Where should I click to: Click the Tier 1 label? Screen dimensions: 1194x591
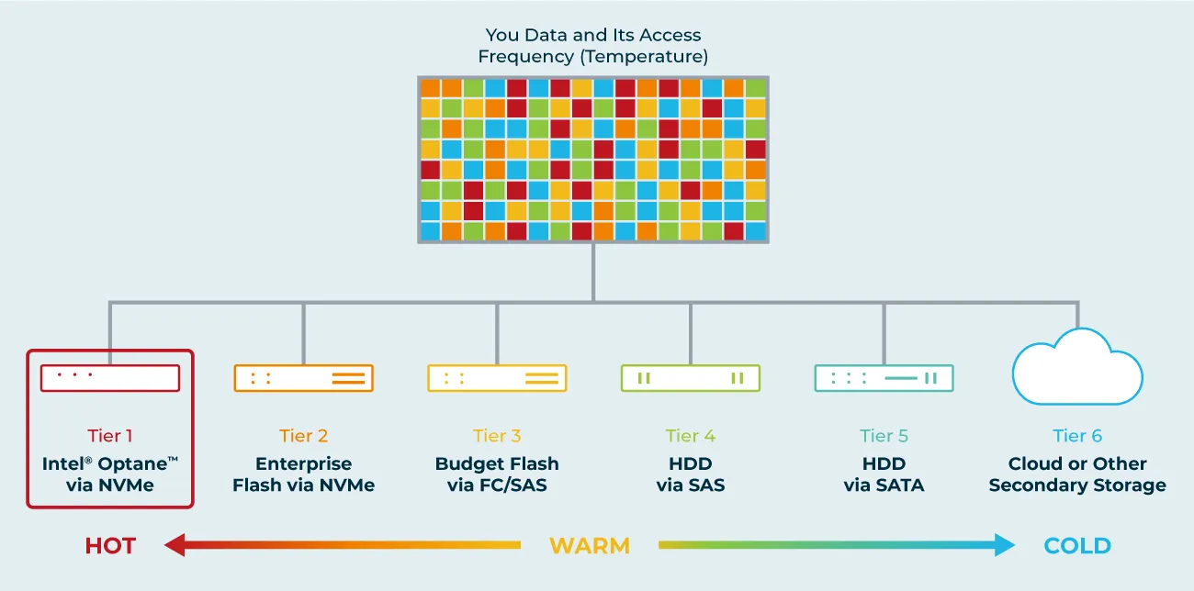[x=110, y=436]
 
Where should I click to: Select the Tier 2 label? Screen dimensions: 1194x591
[x=303, y=436]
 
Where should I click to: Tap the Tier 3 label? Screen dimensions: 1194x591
[x=497, y=436]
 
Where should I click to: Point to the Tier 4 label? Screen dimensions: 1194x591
[x=691, y=436]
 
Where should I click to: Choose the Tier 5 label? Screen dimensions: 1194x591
[x=884, y=436]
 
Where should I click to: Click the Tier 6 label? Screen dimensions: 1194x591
[x=1077, y=436]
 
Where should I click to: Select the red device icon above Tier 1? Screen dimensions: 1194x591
[x=110, y=378]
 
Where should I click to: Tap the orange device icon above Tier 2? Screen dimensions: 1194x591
[x=303, y=378]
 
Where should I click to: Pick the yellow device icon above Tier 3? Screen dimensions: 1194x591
[x=497, y=378]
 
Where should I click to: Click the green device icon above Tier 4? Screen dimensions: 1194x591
[x=691, y=378]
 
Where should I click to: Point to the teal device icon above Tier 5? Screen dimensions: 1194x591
[x=884, y=378]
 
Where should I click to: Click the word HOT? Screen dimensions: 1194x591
[x=110, y=546]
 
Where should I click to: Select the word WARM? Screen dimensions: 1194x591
[x=590, y=546]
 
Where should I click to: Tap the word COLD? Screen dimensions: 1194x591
[x=1077, y=546]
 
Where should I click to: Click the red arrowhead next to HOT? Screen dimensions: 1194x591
[x=175, y=545]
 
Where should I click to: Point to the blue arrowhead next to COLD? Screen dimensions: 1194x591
[x=1005, y=545]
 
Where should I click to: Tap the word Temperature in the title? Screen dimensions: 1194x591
[x=644, y=56]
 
